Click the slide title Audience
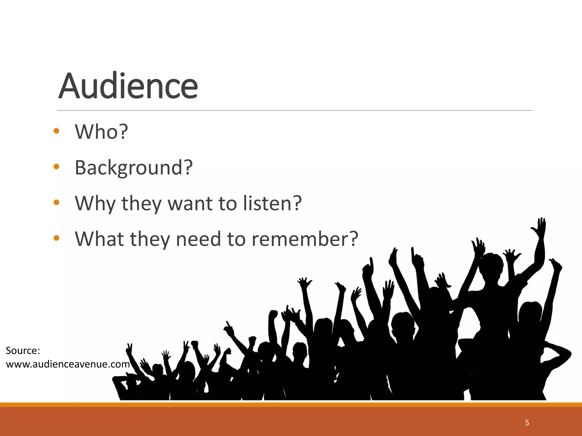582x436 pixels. coord(128,86)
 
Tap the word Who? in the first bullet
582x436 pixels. coord(101,132)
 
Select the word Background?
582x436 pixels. coord(134,167)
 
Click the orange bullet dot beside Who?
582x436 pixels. coord(56,131)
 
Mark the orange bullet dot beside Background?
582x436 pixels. coord(56,167)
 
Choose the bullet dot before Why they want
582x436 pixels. coord(56,202)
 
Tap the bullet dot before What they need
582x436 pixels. coord(56,238)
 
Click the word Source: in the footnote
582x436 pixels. coord(23,351)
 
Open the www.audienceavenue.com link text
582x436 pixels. coord(68,364)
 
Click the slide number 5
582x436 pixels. coord(527,423)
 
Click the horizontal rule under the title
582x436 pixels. coord(294,110)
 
